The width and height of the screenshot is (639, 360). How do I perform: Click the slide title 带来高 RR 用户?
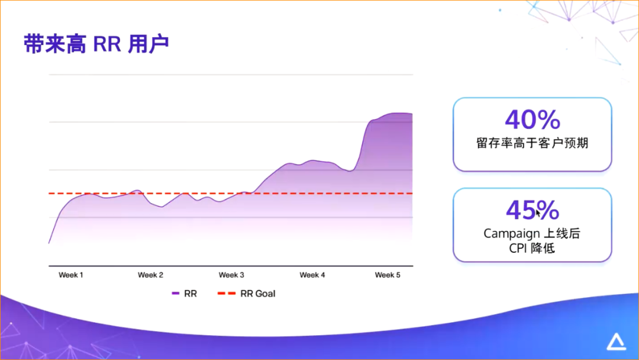coord(96,44)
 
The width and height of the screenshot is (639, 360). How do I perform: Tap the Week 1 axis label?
coord(71,275)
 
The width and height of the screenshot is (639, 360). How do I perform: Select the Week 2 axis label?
coord(150,275)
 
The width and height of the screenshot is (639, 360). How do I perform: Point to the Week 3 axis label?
coord(231,275)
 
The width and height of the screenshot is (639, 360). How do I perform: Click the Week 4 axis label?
coord(312,275)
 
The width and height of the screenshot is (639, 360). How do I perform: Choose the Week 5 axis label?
coord(388,275)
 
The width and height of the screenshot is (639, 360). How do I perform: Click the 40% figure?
coord(532,120)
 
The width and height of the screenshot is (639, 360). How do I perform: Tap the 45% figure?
coord(532,210)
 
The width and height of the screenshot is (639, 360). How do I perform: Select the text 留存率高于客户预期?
coord(532,143)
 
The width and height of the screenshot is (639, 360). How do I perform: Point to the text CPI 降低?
coord(532,249)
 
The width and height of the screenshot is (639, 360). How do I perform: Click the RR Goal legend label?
coord(258,294)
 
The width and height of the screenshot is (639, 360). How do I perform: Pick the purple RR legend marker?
coord(176,294)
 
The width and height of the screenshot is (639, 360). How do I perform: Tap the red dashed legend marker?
coord(227,294)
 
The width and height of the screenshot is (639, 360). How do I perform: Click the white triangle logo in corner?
coord(616,342)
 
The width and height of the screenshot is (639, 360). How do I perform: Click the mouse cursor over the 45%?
coord(538,213)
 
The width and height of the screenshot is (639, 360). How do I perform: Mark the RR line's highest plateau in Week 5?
coord(393,113)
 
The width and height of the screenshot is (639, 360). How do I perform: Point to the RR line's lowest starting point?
coord(49,243)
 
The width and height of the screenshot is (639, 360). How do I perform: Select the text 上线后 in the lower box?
coord(561,233)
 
